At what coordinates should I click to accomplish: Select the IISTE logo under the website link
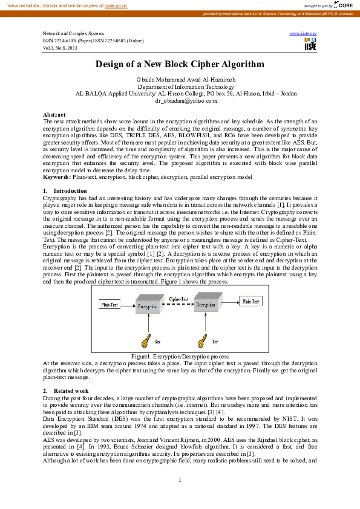(310, 45)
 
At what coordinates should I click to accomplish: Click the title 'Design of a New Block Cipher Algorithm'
(180, 64)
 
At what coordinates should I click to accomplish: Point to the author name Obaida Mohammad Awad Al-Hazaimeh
(180, 80)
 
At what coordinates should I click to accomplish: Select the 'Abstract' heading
(54, 114)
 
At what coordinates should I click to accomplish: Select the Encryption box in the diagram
(147, 306)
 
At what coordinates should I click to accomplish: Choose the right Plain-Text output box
(251, 300)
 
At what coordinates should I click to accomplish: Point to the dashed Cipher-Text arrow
(178, 306)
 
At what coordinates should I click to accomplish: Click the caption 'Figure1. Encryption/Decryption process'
(180, 357)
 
